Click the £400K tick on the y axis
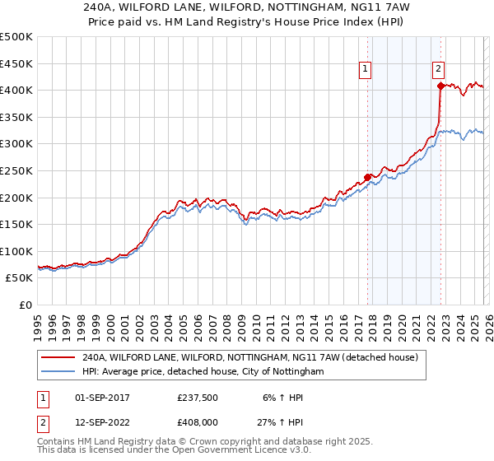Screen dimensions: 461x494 coord(16,90)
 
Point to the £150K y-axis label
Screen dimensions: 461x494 coord(16,224)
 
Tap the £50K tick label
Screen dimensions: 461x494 coord(20,278)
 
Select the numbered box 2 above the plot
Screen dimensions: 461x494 coord(439,70)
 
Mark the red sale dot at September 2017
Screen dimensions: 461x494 coord(367,176)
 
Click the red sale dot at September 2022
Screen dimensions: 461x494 coord(440,85)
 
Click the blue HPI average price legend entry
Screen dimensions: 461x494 coord(203,372)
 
